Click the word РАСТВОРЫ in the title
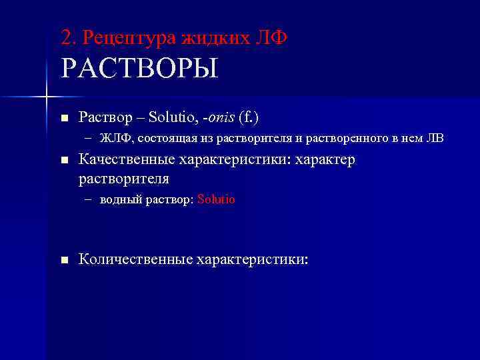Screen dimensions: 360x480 coord(139,69)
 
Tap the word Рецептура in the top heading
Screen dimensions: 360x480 coord(129,38)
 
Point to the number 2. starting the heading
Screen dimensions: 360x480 coord(69,38)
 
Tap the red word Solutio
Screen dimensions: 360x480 coord(217,199)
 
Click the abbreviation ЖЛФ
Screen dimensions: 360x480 coord(113,139)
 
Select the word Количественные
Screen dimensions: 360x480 coord(135,259)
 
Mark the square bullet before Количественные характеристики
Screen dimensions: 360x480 coord(64,260)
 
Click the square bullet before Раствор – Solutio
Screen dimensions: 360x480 coord(64,118)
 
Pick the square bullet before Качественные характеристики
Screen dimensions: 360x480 coord(64,161)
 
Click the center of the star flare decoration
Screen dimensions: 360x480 coord(46,97)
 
